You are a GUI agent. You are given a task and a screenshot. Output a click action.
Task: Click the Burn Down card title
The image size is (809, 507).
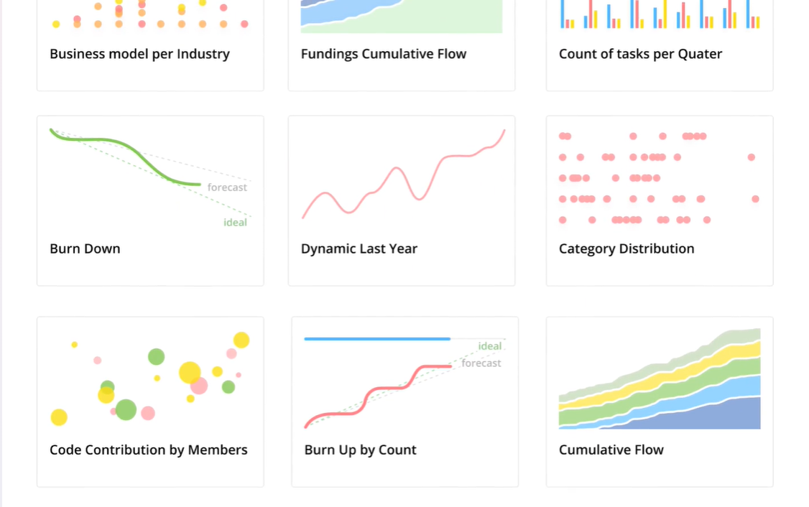[85, 249]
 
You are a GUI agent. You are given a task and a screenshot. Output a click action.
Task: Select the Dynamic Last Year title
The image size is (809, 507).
[359, 249]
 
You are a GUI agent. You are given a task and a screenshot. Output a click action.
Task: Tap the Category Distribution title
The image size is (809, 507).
[626, 249]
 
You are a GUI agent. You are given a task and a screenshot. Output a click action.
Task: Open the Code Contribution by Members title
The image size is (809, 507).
[148, 450]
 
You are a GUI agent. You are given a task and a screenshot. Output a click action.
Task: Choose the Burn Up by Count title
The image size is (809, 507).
[360, 450]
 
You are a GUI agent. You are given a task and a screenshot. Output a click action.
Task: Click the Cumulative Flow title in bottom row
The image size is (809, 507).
[611, 450]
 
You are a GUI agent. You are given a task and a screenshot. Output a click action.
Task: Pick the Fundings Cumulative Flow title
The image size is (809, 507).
[383, 54]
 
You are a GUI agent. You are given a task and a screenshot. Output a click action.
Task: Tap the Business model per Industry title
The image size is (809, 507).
[139, 54]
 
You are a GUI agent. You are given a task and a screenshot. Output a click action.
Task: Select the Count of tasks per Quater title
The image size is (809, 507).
[640, 54]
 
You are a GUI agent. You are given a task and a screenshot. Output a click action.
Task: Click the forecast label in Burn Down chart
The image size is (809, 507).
[227, 187]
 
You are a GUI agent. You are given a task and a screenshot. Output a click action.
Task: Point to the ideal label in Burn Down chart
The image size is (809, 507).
[235, 223]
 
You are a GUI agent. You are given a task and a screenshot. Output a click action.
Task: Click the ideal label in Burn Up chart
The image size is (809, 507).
[490, 346]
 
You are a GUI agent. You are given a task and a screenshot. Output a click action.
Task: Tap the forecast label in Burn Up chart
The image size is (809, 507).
[481, 363]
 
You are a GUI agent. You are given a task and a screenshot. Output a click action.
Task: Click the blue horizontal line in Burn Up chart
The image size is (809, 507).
[377, 339]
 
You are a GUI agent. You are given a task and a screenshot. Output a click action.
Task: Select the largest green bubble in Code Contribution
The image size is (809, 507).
[126, 410]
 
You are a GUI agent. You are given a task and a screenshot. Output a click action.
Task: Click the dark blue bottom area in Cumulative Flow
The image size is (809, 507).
[718, 417]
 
